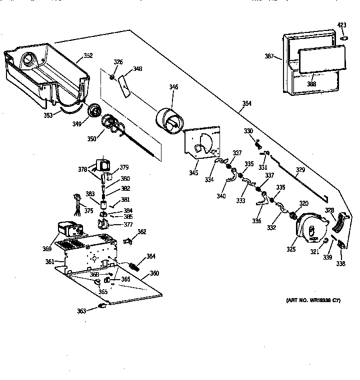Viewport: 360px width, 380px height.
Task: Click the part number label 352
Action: pos(88,55)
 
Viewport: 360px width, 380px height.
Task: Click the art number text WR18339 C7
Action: pos(314,300)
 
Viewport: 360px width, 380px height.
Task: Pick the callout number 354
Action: pos(246,104)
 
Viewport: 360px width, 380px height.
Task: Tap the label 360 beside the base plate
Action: pos(154,273)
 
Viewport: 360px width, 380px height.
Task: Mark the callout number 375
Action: pos(88,210)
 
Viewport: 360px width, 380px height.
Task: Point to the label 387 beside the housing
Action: pos(269,56)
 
